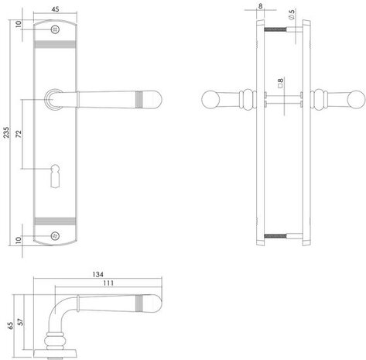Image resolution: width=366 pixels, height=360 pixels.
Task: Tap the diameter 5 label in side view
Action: [291, 15]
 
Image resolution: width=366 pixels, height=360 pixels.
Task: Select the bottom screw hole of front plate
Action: [56, 235]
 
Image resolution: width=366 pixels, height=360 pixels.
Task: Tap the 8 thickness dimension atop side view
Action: [259, 7]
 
